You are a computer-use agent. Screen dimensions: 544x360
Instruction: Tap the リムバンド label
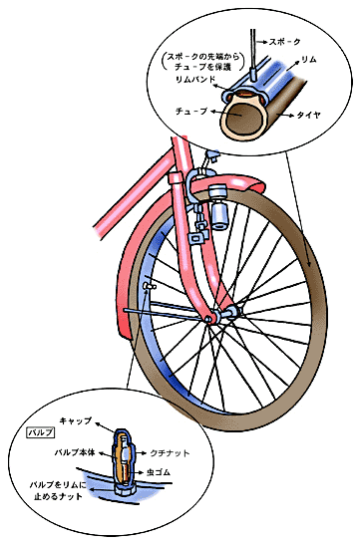(x=195, y=78)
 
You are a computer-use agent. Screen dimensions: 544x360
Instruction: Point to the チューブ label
(x=192, y=110)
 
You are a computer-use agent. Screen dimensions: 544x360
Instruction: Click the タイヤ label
(x=306, y=117)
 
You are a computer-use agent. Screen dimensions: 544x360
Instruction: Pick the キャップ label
(x=76, y=421)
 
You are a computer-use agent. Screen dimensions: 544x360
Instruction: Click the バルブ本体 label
(x=76, y=451)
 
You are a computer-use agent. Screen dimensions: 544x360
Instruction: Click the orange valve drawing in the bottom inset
(x=121, y=456)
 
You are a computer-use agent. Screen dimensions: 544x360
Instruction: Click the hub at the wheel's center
(x=212, y=318)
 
